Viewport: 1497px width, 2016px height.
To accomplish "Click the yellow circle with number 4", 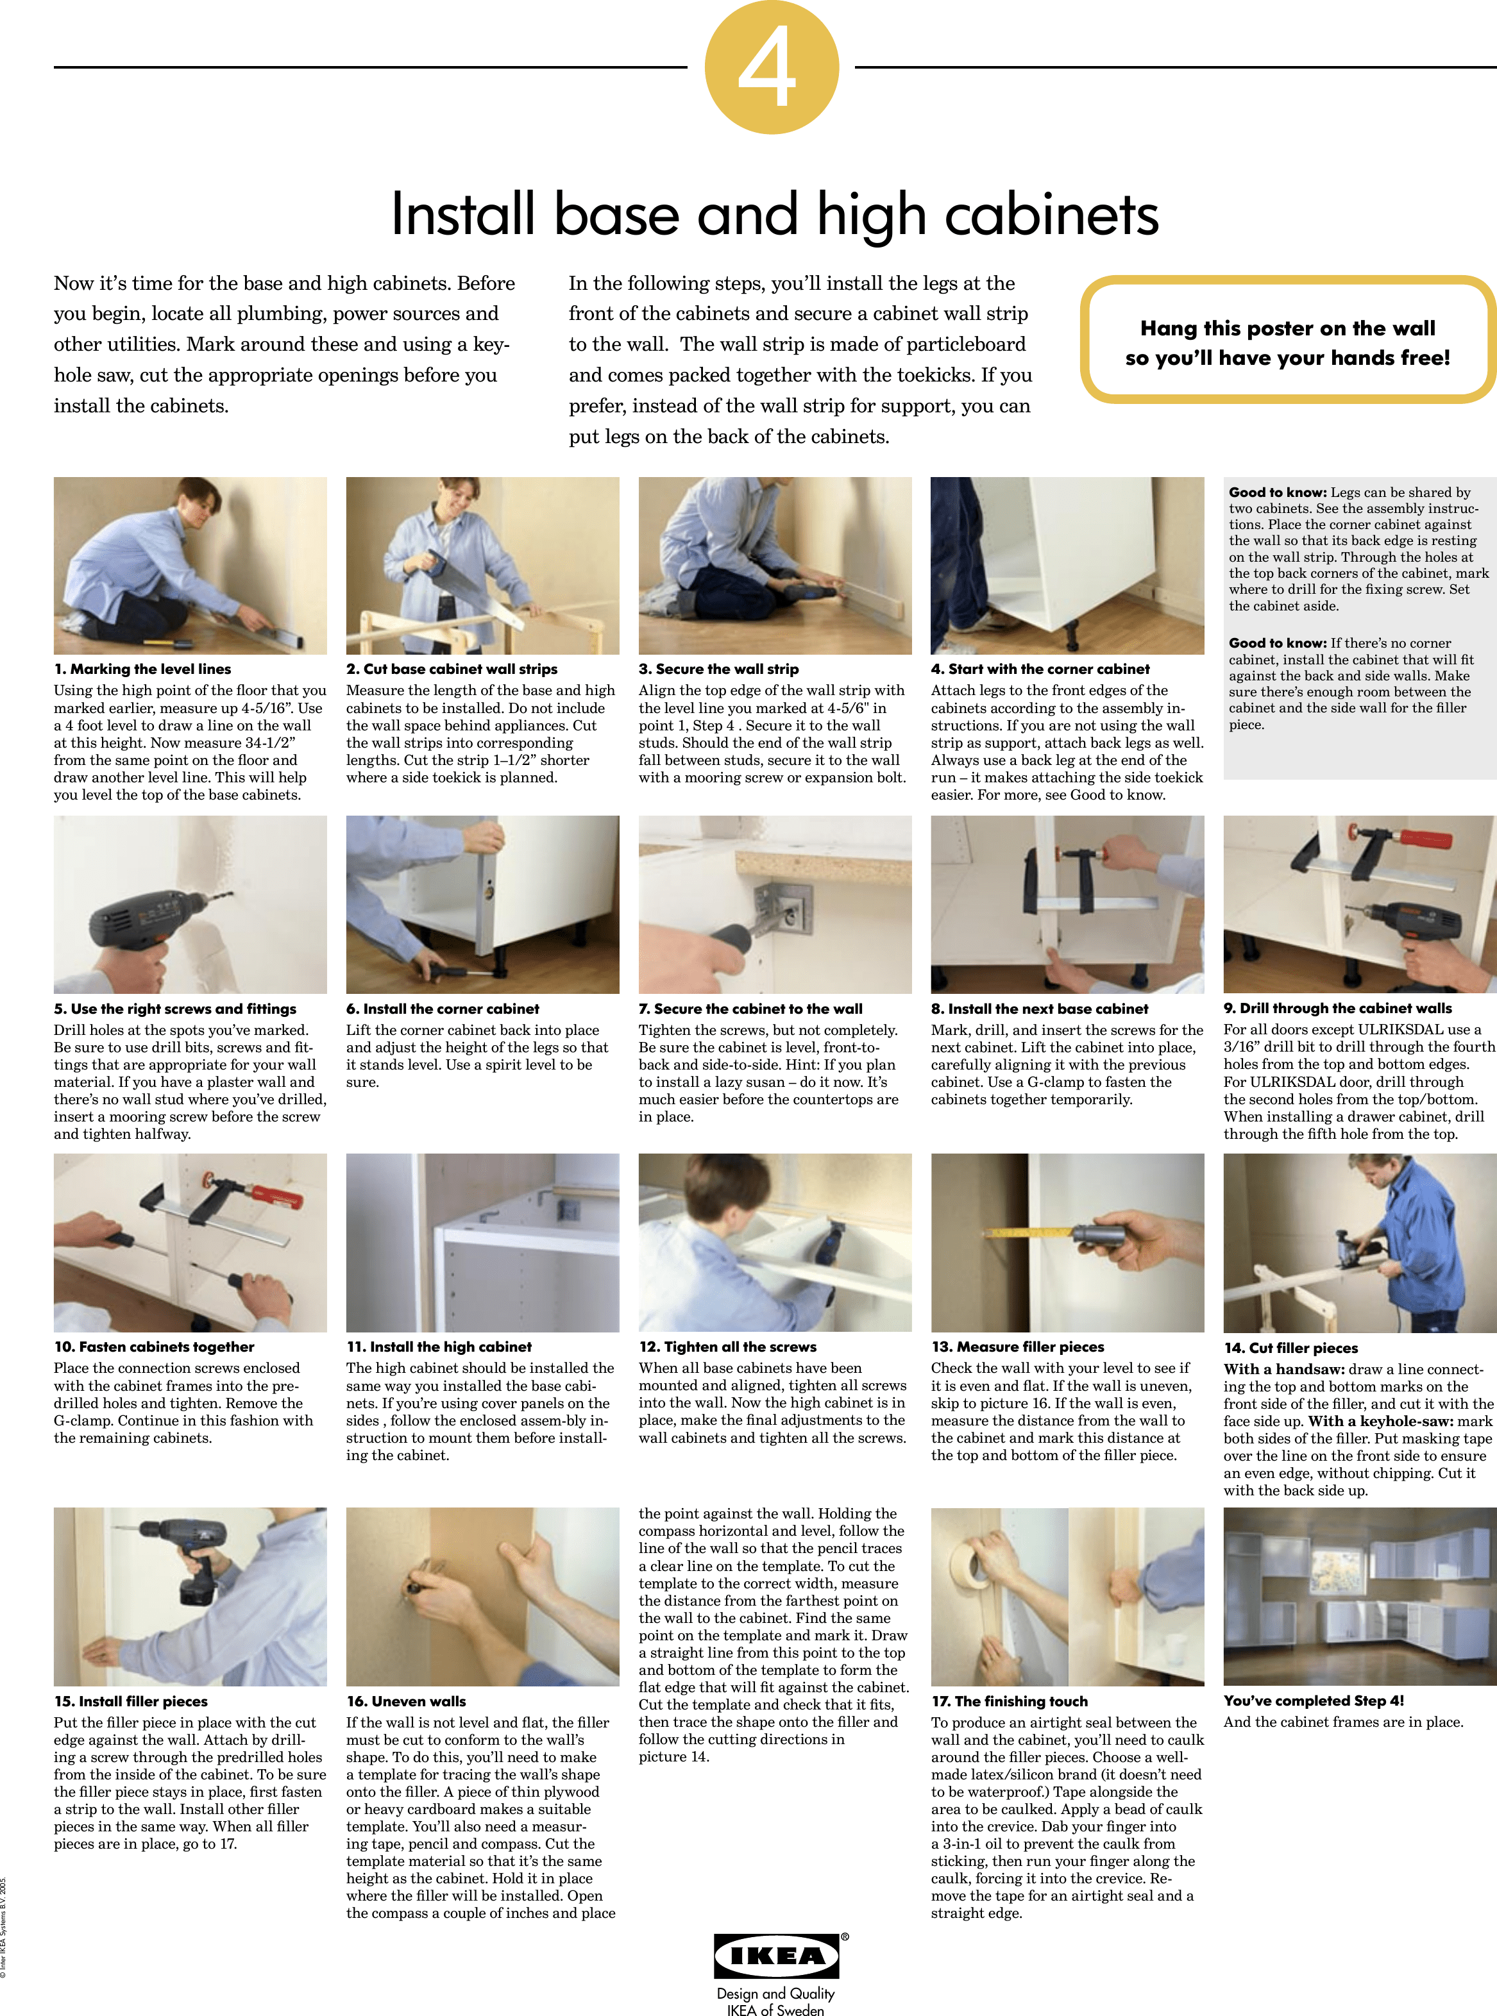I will [771, 67].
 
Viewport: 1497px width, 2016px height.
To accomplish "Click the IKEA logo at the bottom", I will [777, 1954].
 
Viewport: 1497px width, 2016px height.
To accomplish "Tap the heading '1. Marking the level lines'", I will [142, 669].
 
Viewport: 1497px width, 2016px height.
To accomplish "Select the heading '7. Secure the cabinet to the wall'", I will [750, 1009].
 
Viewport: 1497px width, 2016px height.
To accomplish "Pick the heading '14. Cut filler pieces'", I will [1290, 1347].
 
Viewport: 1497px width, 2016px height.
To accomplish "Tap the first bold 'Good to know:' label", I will [1277, 492].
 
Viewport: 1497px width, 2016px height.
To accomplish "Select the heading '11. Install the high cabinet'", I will [439, 1347].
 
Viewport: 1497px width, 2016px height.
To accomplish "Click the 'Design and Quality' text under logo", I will [775, 1994].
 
